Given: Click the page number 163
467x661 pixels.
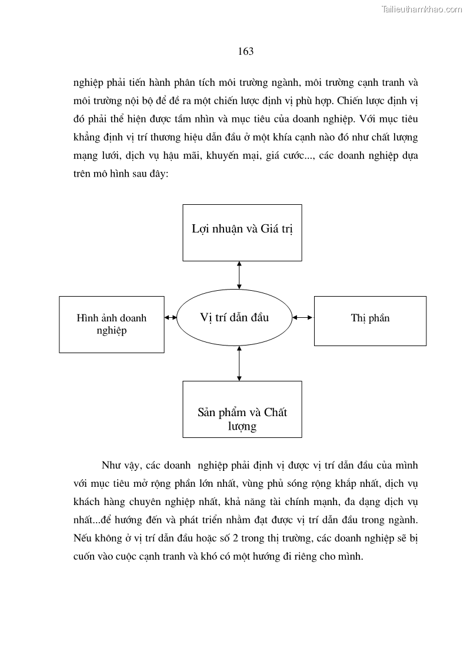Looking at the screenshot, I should (245, 51).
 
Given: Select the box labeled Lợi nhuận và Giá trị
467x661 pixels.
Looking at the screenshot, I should (242, 232).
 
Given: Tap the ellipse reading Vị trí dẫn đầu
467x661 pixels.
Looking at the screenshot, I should (234, 317).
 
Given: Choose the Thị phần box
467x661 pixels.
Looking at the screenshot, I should (370, 320).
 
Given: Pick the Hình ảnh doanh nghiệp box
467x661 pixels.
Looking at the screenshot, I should (112, 324).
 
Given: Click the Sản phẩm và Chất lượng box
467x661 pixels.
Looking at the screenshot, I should (242, 409).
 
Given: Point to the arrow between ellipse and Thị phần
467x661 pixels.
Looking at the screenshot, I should (303, 318).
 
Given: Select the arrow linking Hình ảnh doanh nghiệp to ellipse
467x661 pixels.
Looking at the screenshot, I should (171, 318).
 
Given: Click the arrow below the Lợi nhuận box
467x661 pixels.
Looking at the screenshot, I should (239, 274).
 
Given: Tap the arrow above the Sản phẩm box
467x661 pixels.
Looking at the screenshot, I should (239, 363).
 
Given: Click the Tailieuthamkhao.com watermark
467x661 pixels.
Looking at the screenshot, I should (422, 9).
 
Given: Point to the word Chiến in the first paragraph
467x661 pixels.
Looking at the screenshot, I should (352, 100).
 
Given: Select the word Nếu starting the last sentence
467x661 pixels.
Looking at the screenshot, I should (84, 539).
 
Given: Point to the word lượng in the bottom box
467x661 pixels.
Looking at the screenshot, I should (242, 426).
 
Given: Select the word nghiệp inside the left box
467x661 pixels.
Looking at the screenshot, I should (111, 331).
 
